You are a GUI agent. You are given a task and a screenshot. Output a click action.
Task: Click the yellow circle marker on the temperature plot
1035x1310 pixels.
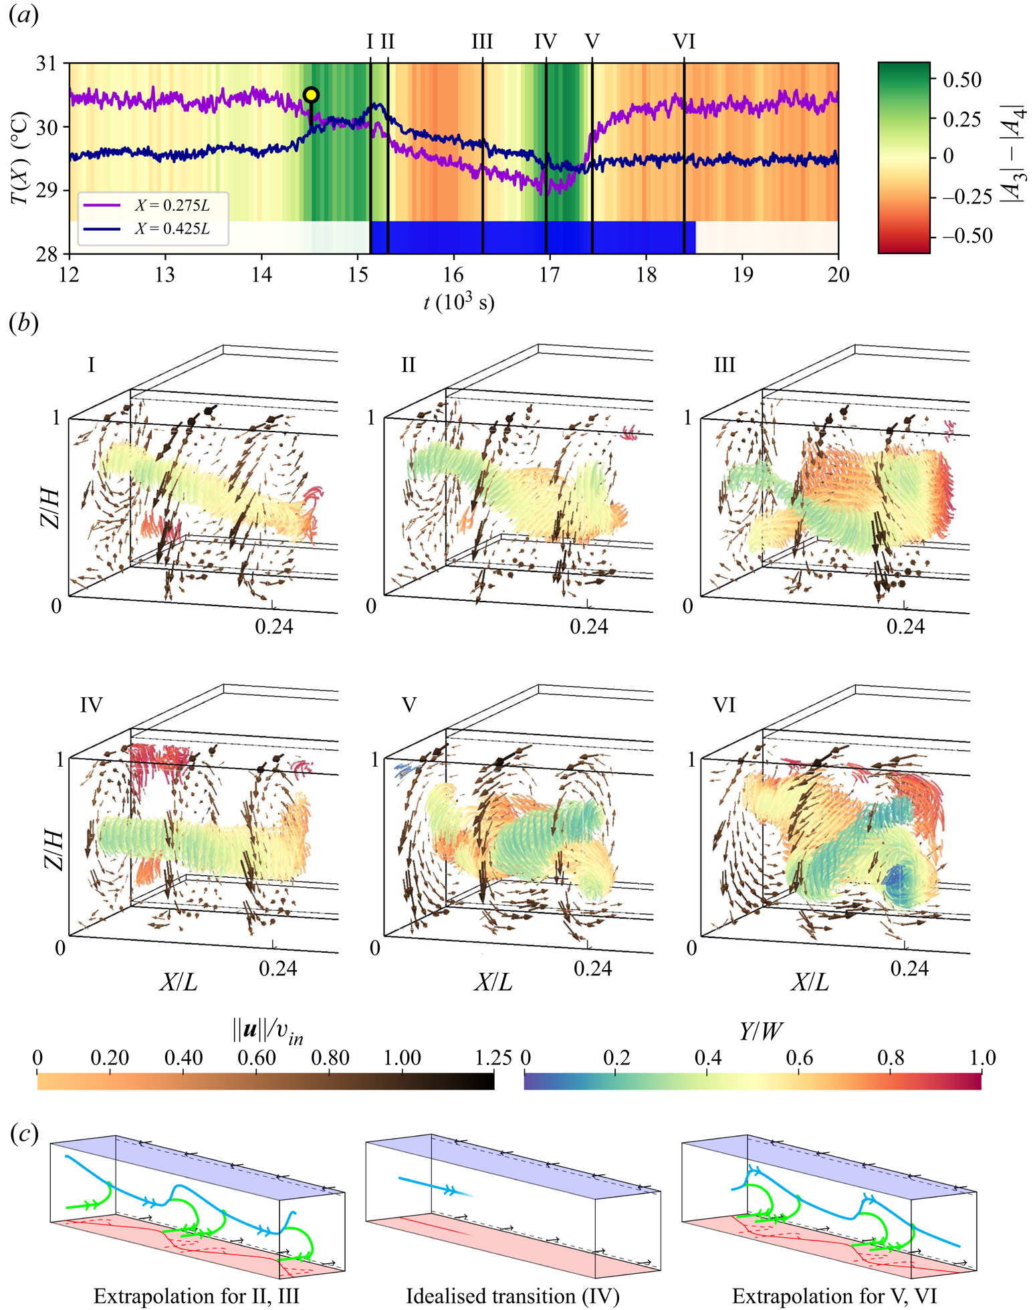coord(310,95)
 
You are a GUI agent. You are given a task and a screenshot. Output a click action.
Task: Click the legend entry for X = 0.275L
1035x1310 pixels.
coord(172,206)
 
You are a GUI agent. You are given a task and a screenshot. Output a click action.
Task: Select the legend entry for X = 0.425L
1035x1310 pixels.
coord(172,229)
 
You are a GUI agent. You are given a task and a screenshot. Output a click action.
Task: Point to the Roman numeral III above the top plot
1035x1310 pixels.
coord(482,42)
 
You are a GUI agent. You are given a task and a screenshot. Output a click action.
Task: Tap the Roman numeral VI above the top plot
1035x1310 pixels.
coord(684,42)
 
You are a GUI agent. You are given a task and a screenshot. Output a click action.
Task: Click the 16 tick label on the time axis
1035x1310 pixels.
coord(453,275)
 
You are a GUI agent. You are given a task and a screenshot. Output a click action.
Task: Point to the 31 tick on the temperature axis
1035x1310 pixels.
coord(45,64)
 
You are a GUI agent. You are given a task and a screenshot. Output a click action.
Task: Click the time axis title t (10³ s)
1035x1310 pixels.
coord(459,303)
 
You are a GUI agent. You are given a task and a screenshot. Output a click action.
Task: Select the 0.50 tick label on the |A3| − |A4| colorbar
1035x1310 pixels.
coord(961,80)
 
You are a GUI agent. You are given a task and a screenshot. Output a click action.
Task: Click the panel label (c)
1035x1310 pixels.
coord(24,1133)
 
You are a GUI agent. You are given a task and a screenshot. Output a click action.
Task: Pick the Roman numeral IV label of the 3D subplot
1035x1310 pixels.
coord(91,705)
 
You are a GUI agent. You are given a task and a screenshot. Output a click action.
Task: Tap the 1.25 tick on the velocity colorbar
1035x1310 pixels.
coord(493,1058)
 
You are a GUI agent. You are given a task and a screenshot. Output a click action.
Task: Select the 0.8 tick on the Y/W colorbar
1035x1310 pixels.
coord(891,1058)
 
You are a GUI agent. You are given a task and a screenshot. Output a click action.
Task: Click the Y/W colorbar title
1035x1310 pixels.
coord(762,1032)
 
